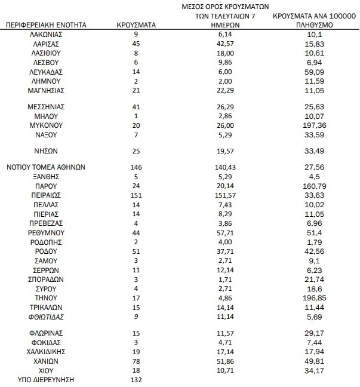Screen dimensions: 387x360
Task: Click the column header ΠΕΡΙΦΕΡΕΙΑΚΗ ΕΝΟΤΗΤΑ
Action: (x=47, y=25)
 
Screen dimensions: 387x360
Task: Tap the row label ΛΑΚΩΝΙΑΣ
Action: (x=47, y=35)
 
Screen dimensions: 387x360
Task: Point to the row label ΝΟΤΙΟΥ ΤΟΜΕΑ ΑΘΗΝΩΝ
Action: (x=47, y=168)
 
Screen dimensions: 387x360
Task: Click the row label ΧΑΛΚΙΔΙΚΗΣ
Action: (x=47, y=352)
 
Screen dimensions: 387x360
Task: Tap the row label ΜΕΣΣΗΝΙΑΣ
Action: (x=47, y=106)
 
